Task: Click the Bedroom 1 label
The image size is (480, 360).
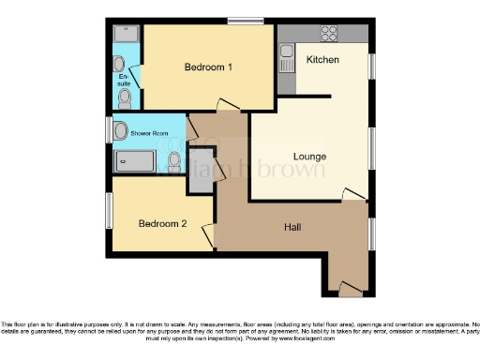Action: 208,67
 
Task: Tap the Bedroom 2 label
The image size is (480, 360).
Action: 163,223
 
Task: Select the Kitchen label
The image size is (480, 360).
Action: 322,60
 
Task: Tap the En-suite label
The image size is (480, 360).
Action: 124,78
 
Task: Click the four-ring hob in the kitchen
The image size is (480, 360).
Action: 329,35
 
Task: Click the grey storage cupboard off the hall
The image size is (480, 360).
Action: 201,172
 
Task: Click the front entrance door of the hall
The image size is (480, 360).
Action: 350,286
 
